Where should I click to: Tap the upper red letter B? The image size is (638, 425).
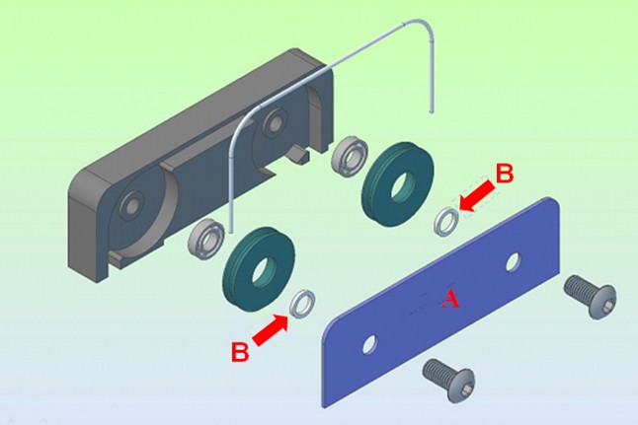point(505,174)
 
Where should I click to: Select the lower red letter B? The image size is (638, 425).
point(240,352)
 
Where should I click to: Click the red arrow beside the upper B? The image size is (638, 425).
point(478,197)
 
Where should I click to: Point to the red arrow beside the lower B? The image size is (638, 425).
point(271,330)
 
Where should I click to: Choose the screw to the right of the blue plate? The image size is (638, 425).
point(590,296)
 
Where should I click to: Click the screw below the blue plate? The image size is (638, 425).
point(448,381)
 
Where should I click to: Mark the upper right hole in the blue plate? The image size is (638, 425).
point(514,262)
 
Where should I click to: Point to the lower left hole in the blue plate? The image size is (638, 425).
point(369,345)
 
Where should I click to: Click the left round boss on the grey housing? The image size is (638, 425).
point(130,206)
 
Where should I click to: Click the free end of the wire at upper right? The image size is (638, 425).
point(431,110)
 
